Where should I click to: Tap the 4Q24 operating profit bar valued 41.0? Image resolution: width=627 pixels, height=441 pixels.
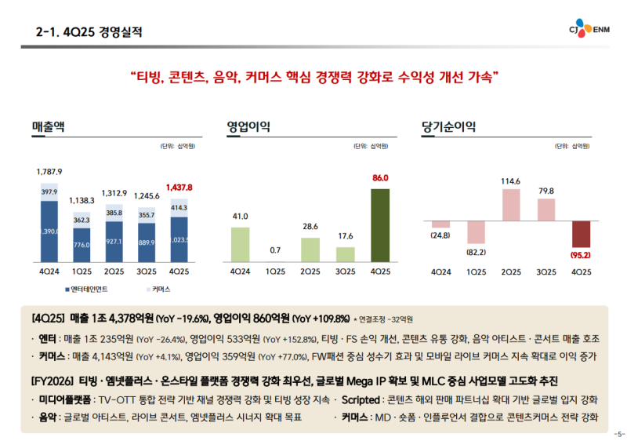click(240, 243)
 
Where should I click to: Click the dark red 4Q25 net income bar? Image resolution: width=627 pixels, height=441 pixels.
click(581, 234)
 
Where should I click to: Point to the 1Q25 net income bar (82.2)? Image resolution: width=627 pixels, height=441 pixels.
click(477, 231)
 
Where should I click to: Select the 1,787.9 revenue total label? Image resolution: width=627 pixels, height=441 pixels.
click(49, 171)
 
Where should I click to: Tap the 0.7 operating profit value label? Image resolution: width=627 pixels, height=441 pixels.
click(275, 250)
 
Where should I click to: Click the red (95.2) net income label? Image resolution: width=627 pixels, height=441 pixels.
click(581, 254)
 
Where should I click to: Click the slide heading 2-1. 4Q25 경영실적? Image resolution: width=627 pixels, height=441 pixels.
click(89, 32)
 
